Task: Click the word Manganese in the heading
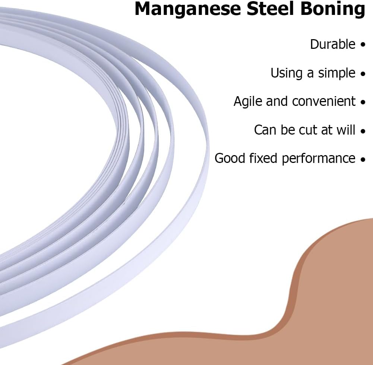(x=188, y=9)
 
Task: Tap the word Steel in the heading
(x=271, y=9)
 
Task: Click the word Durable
(x=332, y=44)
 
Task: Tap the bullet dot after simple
(x=363, y=73)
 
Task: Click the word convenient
(x=324, y=101)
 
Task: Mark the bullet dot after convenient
(x=363, y=102)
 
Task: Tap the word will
(x=346, y=130)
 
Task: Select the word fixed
(x=263, y=158)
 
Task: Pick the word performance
(x=319, y=159)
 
